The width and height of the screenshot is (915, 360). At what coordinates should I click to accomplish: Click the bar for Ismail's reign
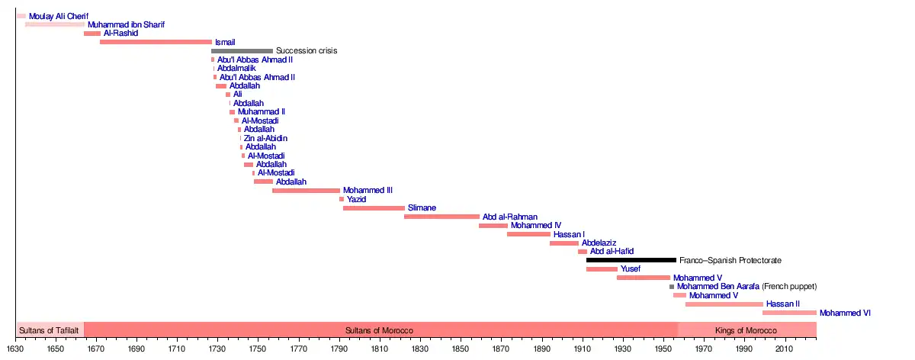pos(156,42)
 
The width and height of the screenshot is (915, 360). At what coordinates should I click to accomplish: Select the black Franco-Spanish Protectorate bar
pos(631,260)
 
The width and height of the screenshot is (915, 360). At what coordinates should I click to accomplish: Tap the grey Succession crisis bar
pos(242,51)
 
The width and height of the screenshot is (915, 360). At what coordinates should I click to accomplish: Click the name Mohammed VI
pos(845,313)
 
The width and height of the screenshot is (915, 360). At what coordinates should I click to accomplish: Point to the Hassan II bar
pos(724,304)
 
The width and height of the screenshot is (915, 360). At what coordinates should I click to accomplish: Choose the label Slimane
pos(422,208)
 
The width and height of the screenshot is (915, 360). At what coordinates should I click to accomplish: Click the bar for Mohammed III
pos(306,191)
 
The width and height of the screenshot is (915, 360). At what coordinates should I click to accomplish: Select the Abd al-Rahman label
pos(509,217)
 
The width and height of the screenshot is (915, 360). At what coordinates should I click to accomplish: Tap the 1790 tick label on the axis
pos(339,350)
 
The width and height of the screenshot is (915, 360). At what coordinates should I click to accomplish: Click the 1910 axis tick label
pos(583,350)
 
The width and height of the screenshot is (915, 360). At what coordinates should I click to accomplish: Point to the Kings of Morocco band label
pos(746,331)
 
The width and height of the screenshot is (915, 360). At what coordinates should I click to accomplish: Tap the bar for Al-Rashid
pos(92,34)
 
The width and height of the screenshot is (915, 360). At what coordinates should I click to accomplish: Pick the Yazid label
pos(357,200)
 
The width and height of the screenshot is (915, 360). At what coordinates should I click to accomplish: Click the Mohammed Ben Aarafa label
pos(718,287)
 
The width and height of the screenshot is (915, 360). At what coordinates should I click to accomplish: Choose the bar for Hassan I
pos(528,234)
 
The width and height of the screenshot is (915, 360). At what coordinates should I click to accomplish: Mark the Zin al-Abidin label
pos(265,139)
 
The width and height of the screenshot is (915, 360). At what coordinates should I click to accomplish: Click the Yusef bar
pos(602,269)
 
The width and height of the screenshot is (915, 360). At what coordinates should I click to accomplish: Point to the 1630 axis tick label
pos(15,350)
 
